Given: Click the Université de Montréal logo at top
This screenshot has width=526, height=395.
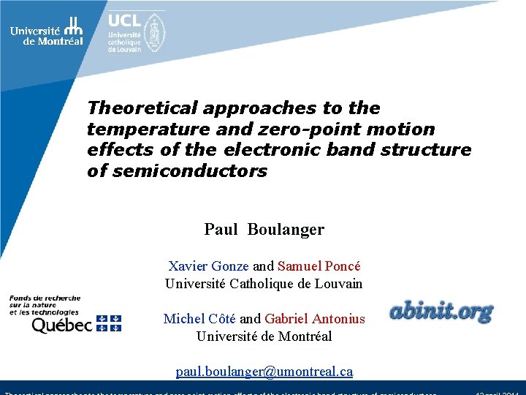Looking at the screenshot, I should tap(46, 31).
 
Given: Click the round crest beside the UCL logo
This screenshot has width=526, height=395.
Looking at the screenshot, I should tap(153, 33).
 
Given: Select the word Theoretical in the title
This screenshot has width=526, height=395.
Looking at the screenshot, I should tap(142, 108).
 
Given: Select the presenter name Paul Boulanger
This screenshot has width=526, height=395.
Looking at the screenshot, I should tap(264, 230).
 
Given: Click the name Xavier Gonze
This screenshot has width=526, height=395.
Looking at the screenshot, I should tap(208, 266).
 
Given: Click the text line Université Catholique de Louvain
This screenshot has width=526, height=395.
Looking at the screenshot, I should tap(264, 284).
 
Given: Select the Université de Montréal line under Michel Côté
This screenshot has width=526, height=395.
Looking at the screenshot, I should tap(264, 336).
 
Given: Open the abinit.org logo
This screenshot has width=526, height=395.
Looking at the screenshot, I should tap(441, 312).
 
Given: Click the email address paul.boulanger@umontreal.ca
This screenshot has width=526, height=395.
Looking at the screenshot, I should tap(264, 372).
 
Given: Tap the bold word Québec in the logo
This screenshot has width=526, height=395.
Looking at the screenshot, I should tap(61, 324).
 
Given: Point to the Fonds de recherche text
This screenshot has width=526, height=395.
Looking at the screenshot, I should tap(45, 298).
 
